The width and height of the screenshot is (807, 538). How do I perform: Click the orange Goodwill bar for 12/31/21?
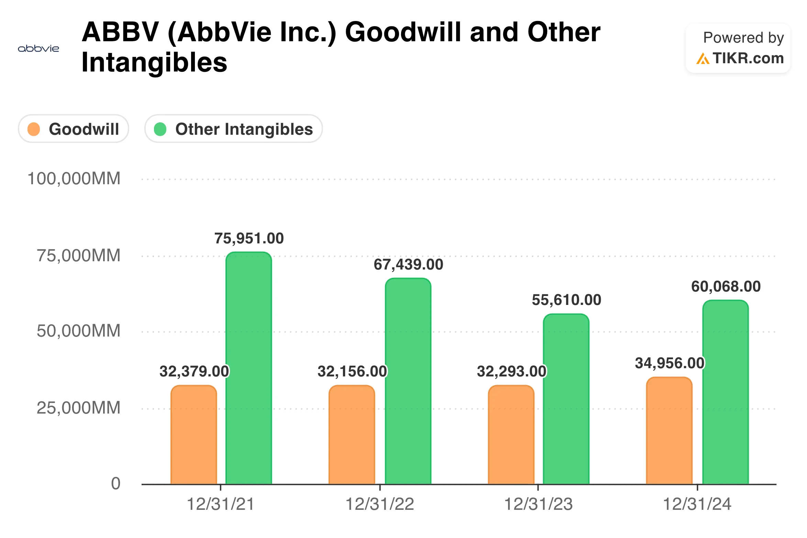pos(194,435)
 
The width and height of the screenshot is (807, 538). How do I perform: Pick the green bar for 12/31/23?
pos(566,399)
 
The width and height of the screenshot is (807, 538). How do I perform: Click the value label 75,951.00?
pos(249,239)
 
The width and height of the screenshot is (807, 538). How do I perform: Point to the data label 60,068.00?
pos(726,287)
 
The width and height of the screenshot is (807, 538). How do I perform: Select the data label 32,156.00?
pos(352,372)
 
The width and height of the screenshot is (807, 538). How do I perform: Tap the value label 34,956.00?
pos(670,363)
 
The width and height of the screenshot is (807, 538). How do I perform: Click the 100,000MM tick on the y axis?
pos(74,179)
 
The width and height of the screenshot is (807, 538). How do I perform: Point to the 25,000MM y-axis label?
pos(79,408)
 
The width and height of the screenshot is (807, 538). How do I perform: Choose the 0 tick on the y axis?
pos(116,484)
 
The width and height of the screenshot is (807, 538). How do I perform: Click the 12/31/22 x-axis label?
pos(380,504)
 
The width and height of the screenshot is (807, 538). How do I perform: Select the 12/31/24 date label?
pos(697,504)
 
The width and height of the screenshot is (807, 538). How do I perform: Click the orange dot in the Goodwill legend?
pos(34,129)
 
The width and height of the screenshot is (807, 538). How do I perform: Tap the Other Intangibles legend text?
pos(244,129)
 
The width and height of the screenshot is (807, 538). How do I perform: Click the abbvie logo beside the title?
pos(38,49)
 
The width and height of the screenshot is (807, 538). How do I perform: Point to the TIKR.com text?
pos(748,58)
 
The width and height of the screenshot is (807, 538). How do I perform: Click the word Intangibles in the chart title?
pos(154,63)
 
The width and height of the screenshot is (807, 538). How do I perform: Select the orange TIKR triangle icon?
pos(703,58)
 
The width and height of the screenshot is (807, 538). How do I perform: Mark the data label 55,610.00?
pos(566,300)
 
